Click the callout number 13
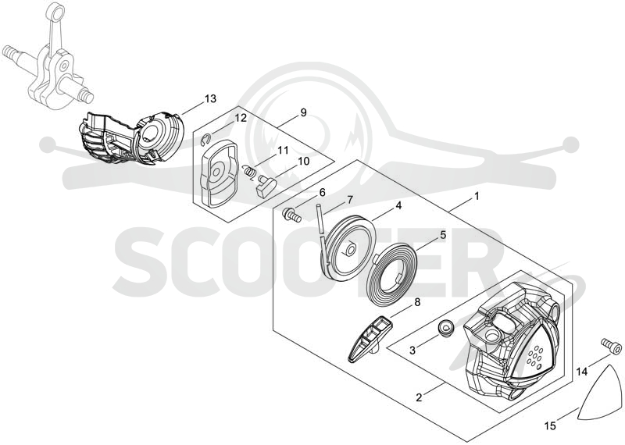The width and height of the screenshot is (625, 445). (x=210, y=99)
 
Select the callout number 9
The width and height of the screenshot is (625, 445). (x=303, y=112)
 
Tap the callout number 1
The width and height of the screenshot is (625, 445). (x=477, y=197)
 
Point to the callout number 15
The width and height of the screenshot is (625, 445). (x=550, y=426)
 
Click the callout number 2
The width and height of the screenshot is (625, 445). (x=419, y=397)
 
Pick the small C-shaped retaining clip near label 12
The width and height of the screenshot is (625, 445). (x=205, y=139)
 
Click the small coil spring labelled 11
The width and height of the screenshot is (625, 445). (x=250, y=171)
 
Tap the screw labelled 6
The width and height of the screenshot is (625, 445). (x=291, y=215)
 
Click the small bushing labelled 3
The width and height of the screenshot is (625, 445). (x=447, y=327)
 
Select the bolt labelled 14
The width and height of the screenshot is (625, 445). (x=611, y=346)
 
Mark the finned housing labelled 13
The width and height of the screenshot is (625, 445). (x=130, y=138)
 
